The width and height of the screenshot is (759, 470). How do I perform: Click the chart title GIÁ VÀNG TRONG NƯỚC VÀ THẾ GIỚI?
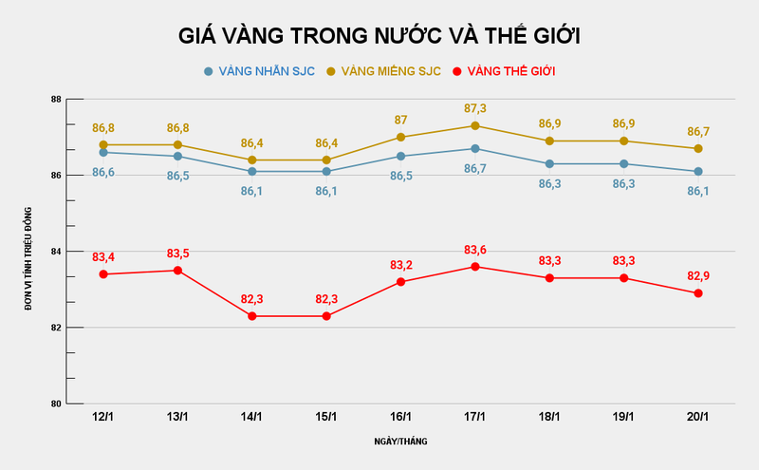pos(379,36)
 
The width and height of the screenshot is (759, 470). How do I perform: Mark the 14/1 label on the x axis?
pos(251,417)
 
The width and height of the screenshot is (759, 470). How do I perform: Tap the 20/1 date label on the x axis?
pos(698,417)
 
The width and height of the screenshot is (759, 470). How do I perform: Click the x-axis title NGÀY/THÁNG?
pos(400,442)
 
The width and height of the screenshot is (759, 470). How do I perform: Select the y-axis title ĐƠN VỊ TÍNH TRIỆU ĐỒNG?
pos(29,252)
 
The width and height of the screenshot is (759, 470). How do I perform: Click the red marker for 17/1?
pos(475,267)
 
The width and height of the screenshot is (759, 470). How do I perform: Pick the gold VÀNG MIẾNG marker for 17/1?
pos(475,126)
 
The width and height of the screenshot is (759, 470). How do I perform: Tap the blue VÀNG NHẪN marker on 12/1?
pos(103,153)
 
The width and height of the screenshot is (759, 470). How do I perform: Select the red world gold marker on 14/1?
pos(251,316)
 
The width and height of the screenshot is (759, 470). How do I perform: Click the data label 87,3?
pos(475,109)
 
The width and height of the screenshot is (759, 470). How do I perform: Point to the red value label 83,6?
pos(475,250)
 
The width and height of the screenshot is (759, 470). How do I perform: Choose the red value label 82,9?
pos(698,276)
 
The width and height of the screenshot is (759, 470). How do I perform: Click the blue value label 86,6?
pos(103,172)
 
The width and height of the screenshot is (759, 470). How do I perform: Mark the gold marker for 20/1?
pos(698,149)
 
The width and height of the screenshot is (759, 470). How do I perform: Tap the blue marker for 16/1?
pos(400,157)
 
